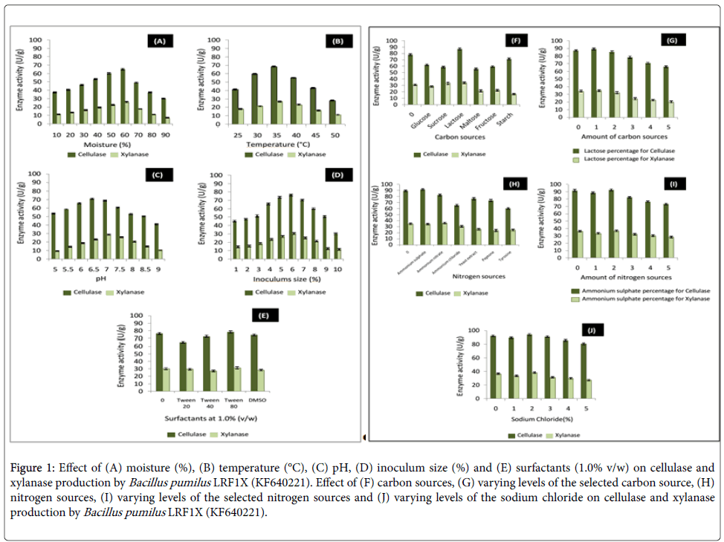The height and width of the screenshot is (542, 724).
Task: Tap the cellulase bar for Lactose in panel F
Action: pos(459,82)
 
